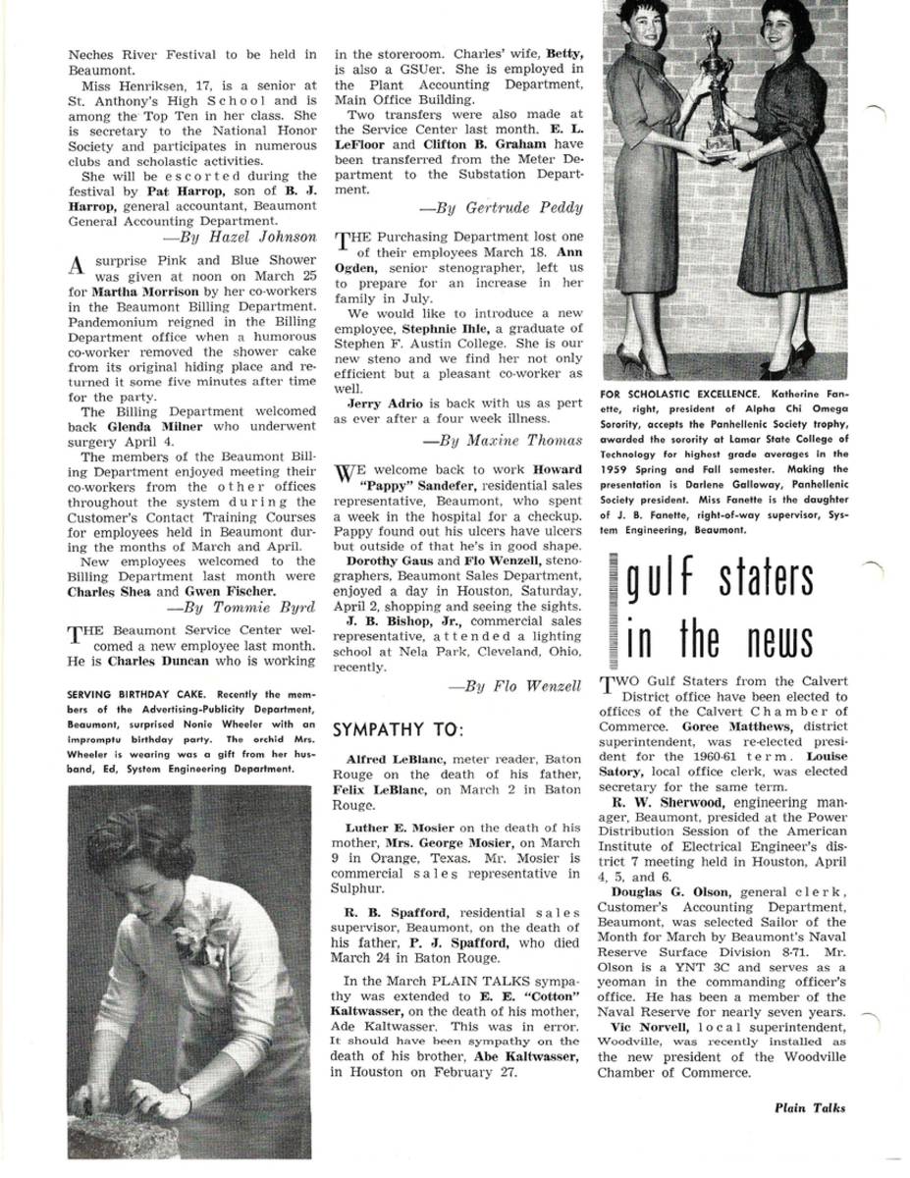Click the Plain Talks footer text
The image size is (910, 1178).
(x=809, y=1107)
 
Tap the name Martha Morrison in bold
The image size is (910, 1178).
(x=134, y=292)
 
